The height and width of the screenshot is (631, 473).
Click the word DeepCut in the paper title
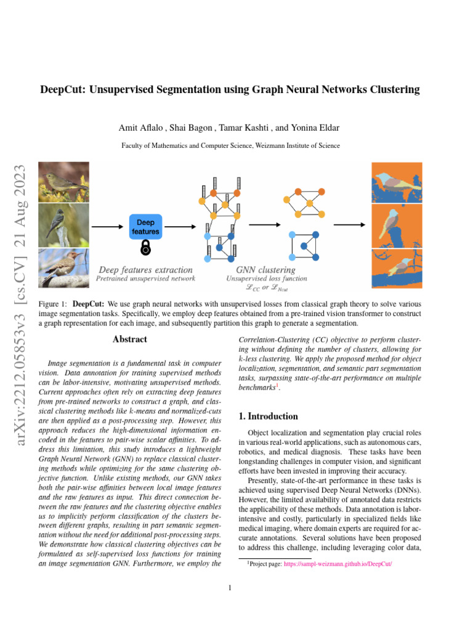coord(62,90)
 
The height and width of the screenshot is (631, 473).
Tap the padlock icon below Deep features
coord(146,248)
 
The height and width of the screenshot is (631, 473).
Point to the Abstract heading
coord(130,339)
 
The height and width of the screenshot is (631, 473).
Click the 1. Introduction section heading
coord(268,417)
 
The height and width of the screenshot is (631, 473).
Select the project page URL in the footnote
coord(338,564)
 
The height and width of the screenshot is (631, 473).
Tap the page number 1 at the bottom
coord(229,588)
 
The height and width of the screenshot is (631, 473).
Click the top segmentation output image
coord(397,183)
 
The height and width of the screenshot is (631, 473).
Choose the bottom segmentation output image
coord(397,267)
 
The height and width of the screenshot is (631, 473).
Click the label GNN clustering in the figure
coord(265,270)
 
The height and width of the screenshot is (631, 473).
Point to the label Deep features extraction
coord(145,270)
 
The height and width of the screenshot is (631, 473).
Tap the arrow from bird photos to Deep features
coord(107,226)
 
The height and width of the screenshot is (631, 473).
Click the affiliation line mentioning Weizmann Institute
coord(230,145)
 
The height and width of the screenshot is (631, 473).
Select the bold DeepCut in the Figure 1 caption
coord(90,304)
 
